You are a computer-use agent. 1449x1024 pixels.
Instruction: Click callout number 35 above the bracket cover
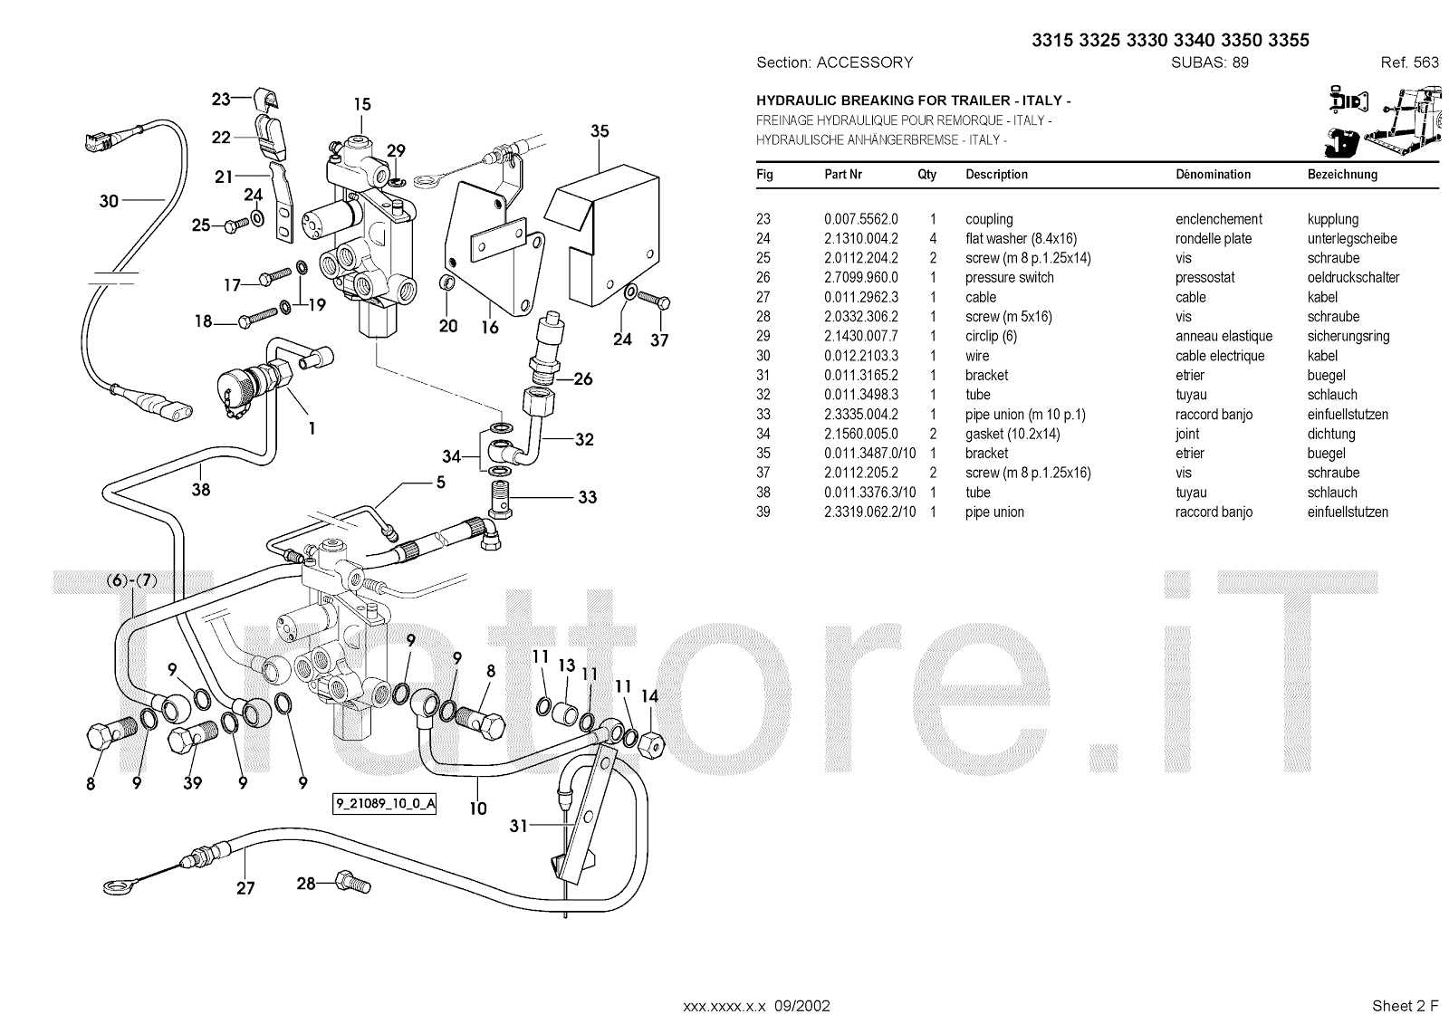pos(600,131)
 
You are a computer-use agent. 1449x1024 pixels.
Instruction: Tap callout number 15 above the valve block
pos(362,104)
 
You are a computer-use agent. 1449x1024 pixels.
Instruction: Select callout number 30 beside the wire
pos(109,200)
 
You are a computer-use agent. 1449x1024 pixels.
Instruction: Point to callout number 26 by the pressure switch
pos(583,378)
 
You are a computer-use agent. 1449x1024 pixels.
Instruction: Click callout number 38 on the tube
pos(200,489)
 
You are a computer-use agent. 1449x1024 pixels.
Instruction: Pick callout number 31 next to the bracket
pos(519,826)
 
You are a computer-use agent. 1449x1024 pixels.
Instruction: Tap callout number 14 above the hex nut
pos(649,696)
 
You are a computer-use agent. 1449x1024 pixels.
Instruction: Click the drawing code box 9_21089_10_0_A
pos(385,804)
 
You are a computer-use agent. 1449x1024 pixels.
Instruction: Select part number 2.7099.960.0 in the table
pos(860,278)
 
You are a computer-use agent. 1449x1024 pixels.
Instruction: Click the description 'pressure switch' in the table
pos(1009,278)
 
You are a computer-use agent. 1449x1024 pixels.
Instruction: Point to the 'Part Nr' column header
pos(842,175)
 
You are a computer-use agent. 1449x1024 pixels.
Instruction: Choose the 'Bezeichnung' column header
pos(1342,175)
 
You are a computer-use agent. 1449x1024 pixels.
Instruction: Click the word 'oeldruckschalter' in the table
pos(1353,278)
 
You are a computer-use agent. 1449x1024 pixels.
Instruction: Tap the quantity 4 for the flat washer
pos(933,239)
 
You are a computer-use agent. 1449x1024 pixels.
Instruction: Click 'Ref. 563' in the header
pos(1409,62)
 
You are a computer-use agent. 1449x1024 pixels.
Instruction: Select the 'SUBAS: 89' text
pos(1210,62)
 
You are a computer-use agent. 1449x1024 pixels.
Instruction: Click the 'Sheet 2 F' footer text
pos(1405,1006)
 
